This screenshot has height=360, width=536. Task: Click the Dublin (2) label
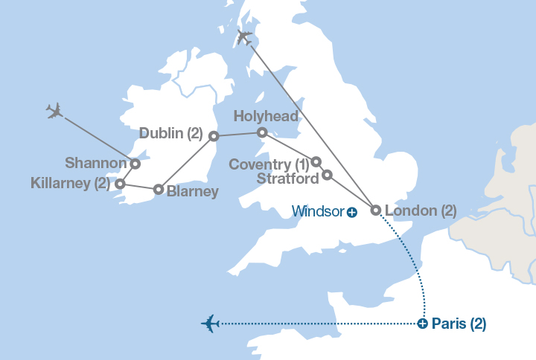[x=170, y=134]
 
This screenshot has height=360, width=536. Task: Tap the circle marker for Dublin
[x=214, y=136]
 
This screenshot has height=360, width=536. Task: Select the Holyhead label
[x=266, y=116]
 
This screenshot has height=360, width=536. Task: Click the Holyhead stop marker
[x=262, y=132]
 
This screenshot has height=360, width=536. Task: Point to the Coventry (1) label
[x=269, y=164]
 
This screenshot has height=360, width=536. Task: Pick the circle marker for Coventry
[x=316, y=161]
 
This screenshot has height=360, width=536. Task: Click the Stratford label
[x=287, y=179]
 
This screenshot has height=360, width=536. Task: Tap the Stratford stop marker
[x=327, y=176]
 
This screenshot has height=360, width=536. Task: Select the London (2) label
[x=420, y=210]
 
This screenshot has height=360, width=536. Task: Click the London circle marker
[x=376, y=210]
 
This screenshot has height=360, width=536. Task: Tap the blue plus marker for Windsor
[x=352, y=212]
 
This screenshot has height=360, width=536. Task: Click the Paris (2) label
[x=459, y=324]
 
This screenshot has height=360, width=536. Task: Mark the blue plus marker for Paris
[x=422, y=324]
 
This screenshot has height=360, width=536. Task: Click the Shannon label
[x=95, y=162]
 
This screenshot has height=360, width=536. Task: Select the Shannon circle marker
[x=135, y=164]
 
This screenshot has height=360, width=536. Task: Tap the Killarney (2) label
[x=70, y=182]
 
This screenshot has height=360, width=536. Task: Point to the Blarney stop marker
[x=159, y=189]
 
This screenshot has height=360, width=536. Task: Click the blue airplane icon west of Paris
[x=211, y=324]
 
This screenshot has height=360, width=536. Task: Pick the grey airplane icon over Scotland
[x=243, y=37]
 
